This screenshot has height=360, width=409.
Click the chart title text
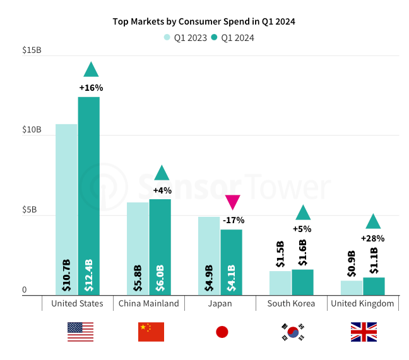pyautogui.click(x=204, y=21)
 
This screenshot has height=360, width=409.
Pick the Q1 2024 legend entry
pyautogui.click(x=232, y=38)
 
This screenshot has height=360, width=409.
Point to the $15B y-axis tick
pyautogui.click(x=32, y=50)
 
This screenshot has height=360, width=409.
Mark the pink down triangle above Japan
pyautogui.click(x=233, y=202)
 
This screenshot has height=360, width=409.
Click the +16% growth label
pyautogui.click(x=91, y=88)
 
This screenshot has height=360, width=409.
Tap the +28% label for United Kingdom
pyautogui.click(x=372, y=238)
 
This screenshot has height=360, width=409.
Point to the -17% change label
pyautogui.click(x=233, y=220)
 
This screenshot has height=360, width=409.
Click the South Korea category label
pyautogui.click(x=291, y=304)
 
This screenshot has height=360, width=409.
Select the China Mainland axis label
pyautogui.click(x=149, y=304)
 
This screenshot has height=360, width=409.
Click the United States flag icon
pyautogui.click(x=80, y=332)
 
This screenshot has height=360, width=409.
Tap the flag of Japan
pyautogui.click(x=222, y=332)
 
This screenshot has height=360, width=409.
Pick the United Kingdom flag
pyautogui.click(x=364, y=332)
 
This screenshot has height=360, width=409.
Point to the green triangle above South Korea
pyautogui.click(x=303, y=213)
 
